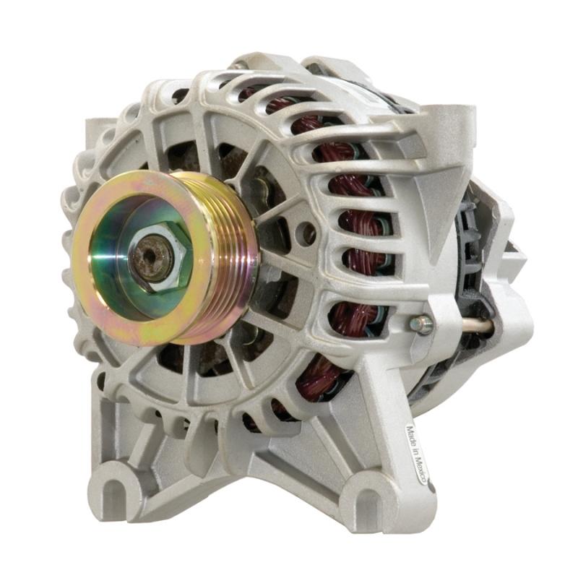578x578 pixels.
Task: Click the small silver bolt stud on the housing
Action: click(x=421, y=324)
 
